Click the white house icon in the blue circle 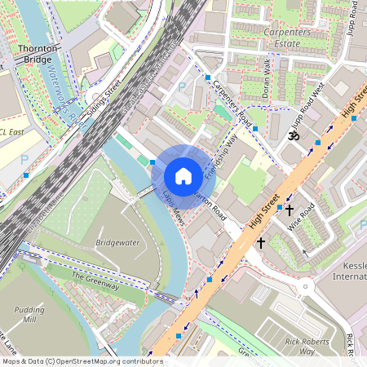point(183,176)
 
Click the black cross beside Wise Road point(289,210)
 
